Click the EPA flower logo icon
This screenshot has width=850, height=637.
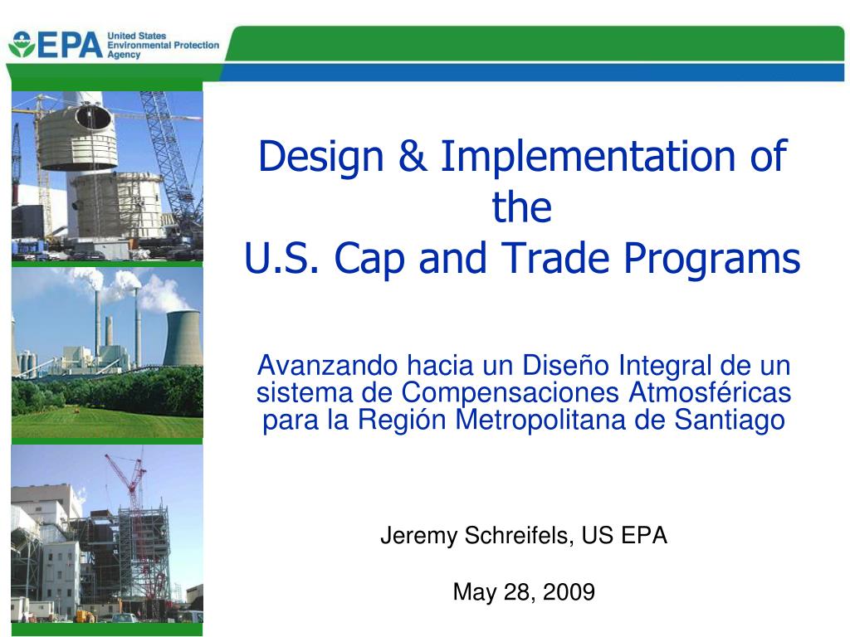click(22, 45)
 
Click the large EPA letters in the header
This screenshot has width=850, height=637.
click(71, 45)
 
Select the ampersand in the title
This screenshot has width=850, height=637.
click(412, 156)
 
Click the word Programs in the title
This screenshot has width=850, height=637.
click(711, 260)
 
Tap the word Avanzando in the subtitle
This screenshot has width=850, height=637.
click(327, 366)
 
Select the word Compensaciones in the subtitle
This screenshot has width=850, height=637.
click(510, 392)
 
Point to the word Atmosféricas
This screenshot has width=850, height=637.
click(710, 392)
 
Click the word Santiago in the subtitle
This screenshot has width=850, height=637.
click(730, 421)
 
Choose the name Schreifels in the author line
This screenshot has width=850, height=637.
click(519, 536)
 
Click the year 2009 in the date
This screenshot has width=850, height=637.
click(569, 592)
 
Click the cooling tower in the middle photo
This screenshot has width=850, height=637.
click(183, 338)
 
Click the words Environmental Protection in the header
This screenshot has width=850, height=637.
click(164, 46)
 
